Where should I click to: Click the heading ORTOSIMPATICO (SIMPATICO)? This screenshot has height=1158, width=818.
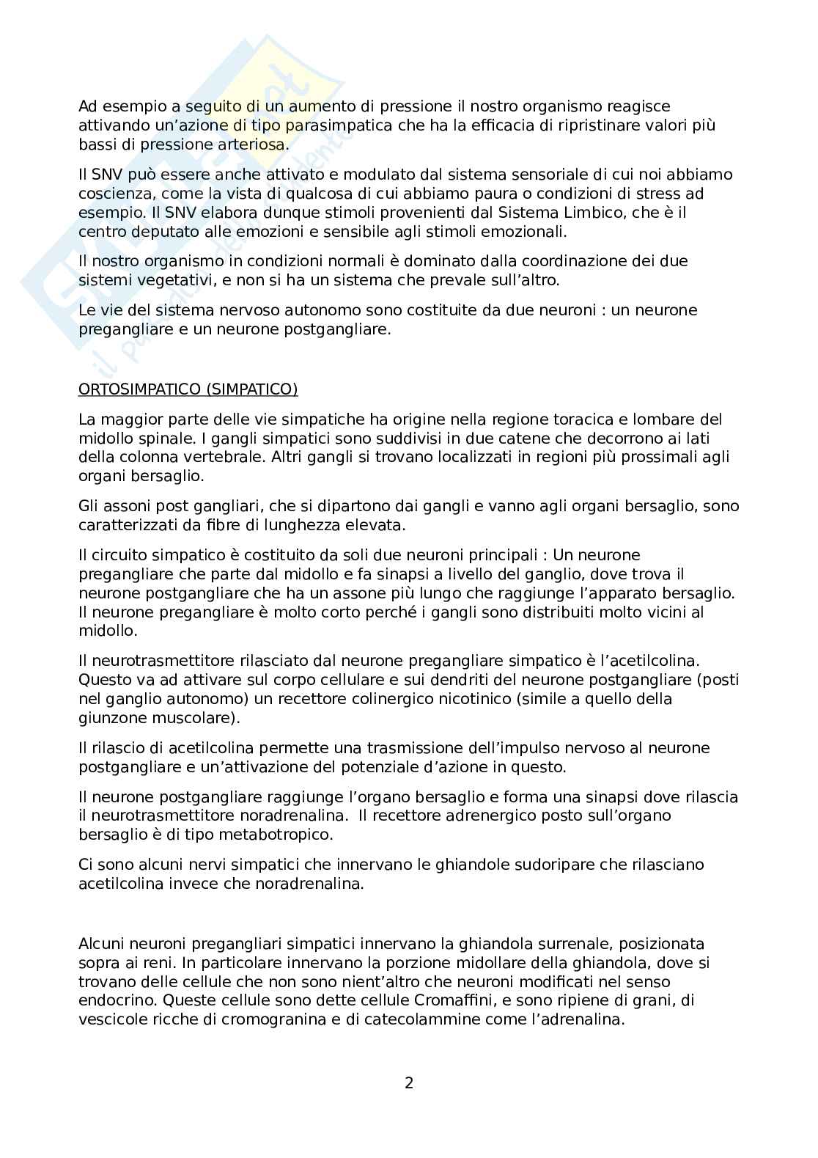188,389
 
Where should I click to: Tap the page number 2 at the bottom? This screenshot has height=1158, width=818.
409,1082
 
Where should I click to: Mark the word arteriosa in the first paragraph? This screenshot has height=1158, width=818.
249,144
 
